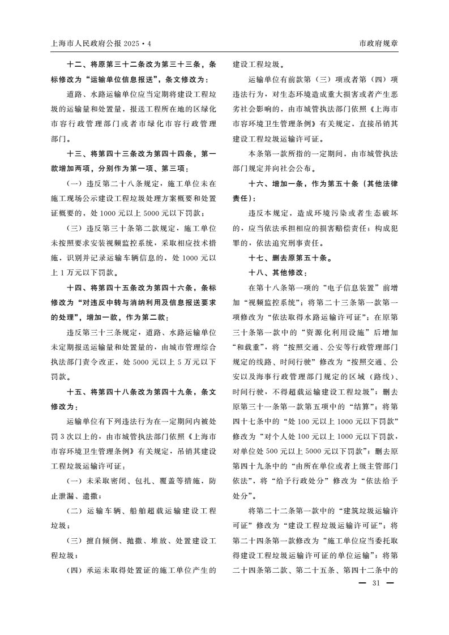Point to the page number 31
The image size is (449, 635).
tap(375, 583)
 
